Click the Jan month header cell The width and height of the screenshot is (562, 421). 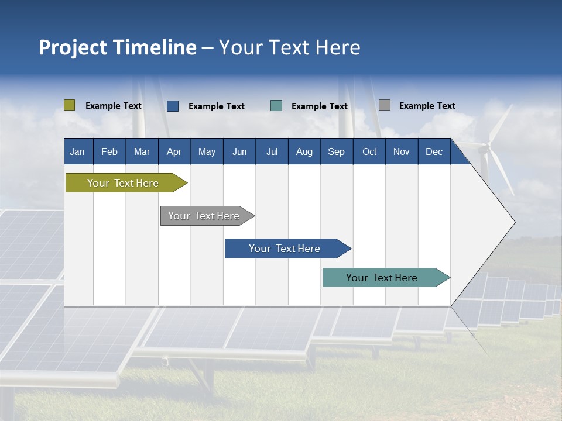78,151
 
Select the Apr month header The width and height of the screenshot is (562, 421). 174,151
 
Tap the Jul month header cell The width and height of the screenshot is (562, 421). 272,151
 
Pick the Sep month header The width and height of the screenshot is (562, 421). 337,151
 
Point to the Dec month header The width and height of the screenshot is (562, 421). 434,151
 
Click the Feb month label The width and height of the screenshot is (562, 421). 109,151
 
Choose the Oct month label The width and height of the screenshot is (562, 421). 369,151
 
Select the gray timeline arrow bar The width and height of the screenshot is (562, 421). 205,216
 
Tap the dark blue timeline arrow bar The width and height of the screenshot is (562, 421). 286,249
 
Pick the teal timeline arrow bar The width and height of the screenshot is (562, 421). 383,278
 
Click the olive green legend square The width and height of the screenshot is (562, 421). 69,105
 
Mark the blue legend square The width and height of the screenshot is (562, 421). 173,106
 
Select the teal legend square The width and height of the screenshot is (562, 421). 276,106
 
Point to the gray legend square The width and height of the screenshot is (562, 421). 385,105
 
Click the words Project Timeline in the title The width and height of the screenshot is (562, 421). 118,47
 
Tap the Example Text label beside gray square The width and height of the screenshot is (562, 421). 427,106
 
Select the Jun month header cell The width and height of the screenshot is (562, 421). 239,151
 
